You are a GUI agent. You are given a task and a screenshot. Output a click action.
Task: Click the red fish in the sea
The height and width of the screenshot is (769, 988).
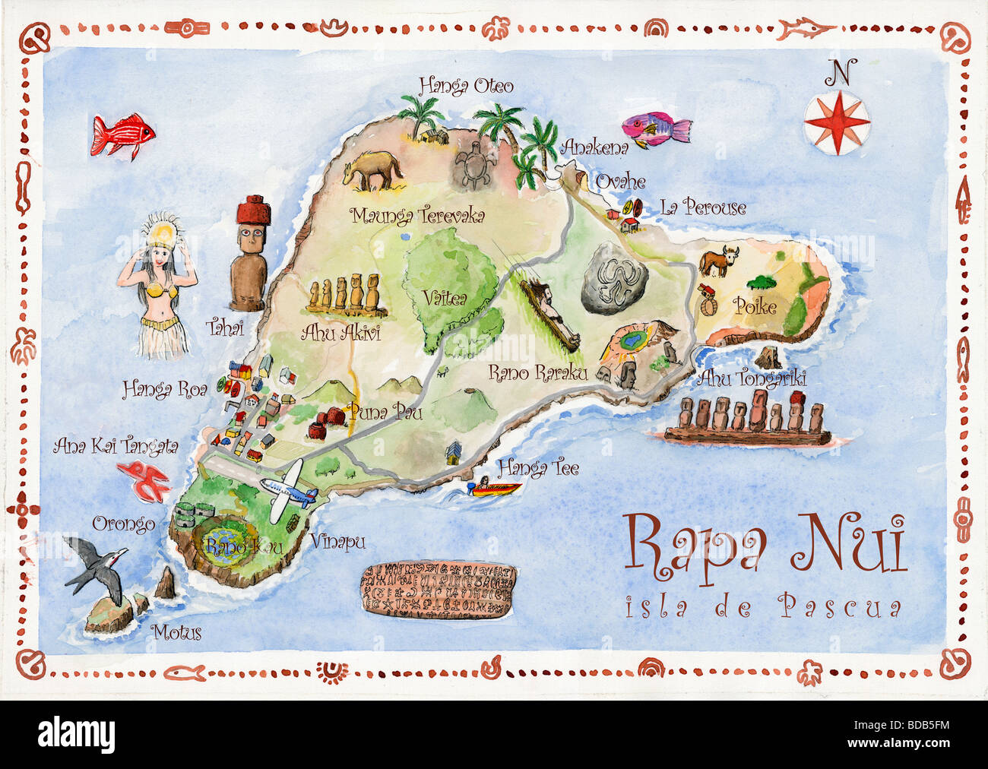[x=121, y=137]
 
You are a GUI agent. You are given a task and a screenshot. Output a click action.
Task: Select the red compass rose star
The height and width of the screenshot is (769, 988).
[x=837, y=122]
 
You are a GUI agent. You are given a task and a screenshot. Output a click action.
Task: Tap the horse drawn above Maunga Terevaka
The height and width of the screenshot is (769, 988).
[x=372, y=170]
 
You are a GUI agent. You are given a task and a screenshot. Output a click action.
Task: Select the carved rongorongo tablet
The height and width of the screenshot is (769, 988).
[x=437, y=590]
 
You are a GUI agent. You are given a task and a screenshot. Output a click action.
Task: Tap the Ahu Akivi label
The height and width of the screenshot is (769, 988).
[x=340, y=332]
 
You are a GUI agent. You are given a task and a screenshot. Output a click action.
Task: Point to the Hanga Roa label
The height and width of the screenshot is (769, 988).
[x=165, y=390]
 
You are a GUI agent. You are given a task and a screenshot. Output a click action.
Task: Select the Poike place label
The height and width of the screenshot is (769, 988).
[x=755, y=306]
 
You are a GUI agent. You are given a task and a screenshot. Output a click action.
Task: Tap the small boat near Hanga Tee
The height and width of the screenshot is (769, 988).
[x=493, y=487]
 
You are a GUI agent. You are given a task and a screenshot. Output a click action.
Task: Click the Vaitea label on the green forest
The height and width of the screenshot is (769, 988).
[x=445, y=299]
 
